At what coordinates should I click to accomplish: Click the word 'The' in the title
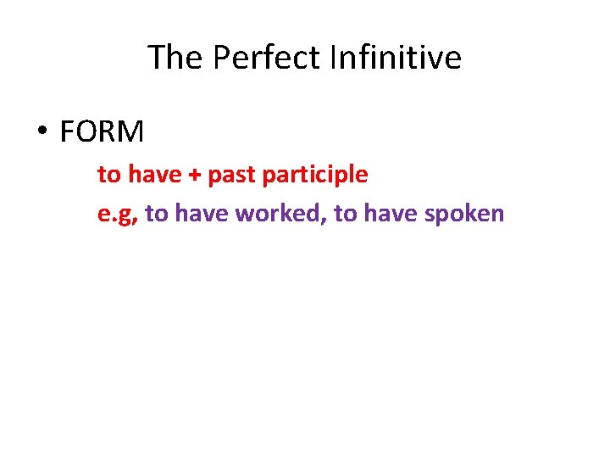(176, 58)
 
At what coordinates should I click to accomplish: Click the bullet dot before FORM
(42, 133)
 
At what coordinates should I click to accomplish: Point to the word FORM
(102, 132)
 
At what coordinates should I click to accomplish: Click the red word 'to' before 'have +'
(109, 175)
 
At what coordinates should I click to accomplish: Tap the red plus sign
(195, 176)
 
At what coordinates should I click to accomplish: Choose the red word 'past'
(231, 176)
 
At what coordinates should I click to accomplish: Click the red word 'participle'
(315, 176)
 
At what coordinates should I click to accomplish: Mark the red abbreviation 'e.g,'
(118, 214)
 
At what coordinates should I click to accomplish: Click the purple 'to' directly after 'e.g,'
(157, 213)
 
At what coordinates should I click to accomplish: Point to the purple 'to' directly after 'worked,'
(346, 213)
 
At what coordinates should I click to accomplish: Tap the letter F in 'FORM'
(68, 132)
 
